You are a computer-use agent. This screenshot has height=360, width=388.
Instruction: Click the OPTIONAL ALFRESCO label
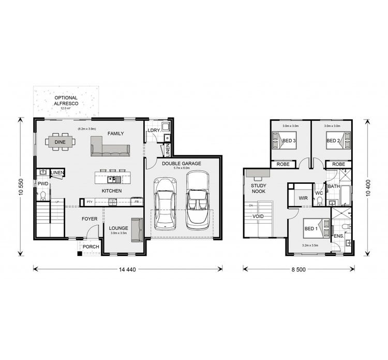tap(66, 100)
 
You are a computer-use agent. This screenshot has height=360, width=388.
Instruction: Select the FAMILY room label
tap(115, 134)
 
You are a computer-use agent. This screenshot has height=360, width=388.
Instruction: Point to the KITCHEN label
tap(111, 191)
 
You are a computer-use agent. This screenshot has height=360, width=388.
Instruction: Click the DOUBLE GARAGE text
tap(181, 164)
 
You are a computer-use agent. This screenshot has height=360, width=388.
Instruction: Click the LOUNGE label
tap(118, 228)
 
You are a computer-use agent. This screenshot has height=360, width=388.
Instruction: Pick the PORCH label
tap(91, 247)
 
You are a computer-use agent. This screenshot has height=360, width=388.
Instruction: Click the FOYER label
tap(89, 219)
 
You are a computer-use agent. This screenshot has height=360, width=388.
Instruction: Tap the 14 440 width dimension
tap(127, 269)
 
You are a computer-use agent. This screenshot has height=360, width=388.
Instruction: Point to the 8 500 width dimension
tap(299, 269)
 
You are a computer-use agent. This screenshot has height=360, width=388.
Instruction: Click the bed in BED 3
tap(283, 140)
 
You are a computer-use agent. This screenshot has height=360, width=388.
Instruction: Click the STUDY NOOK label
tap(259, 189)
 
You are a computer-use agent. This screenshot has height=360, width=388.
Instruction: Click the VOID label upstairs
tap(258, 217)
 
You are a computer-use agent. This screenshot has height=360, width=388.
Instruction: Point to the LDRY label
tap(153, 131)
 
